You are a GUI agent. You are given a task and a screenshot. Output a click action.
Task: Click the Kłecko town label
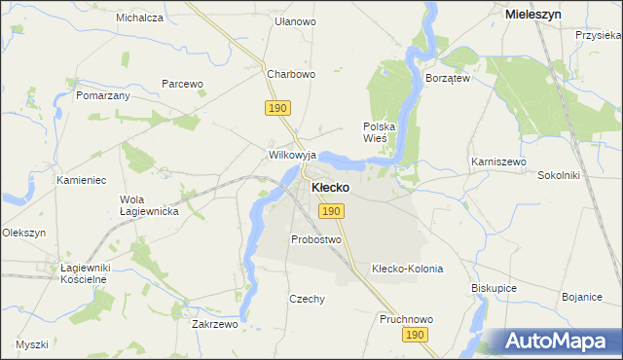pyautogui.click(x=331, y=187)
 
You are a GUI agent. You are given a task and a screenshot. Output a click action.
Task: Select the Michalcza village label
pyautogui.click(x=139, y=18)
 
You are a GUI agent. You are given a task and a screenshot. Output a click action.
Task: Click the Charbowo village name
pyautogui.click(x=291, y=74)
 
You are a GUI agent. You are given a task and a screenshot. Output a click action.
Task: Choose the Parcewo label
pyautogui.click(x=182, y=84)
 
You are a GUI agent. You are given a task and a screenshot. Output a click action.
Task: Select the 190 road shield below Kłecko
pyautogui.click(x=331, y=211)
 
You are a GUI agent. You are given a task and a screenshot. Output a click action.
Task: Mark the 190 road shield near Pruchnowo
pyautogui.click(x=416, y=335)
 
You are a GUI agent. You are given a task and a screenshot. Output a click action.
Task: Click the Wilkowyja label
pyautogui.click(x=293, y=155)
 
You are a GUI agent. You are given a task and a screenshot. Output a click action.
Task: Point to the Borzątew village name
pyautogui.click(x=448, y=78)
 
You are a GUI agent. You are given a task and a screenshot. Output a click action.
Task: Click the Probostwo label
pyautogui.click(x=316, y=239)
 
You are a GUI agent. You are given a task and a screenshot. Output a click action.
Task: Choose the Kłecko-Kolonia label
pyautogui.click(x=408, y=269)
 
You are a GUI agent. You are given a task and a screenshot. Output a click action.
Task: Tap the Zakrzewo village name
pyautogui.click(x=215, y=324)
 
